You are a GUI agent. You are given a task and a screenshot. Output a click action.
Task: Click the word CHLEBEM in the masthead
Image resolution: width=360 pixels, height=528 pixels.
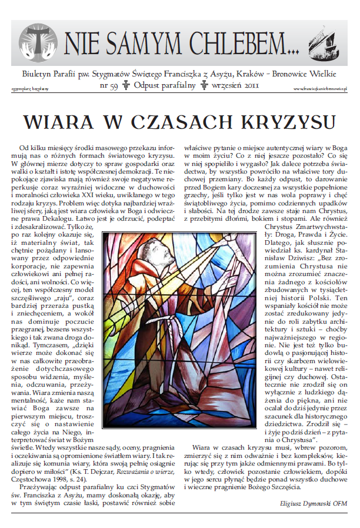pyautogui.click(x=235, y=43)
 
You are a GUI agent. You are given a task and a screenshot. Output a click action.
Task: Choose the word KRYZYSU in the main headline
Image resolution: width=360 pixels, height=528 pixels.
pyautogui.click(x=276, y=121)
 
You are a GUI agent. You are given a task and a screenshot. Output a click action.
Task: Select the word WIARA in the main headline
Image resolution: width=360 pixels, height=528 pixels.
pyautogui.click(x=54, y=121)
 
